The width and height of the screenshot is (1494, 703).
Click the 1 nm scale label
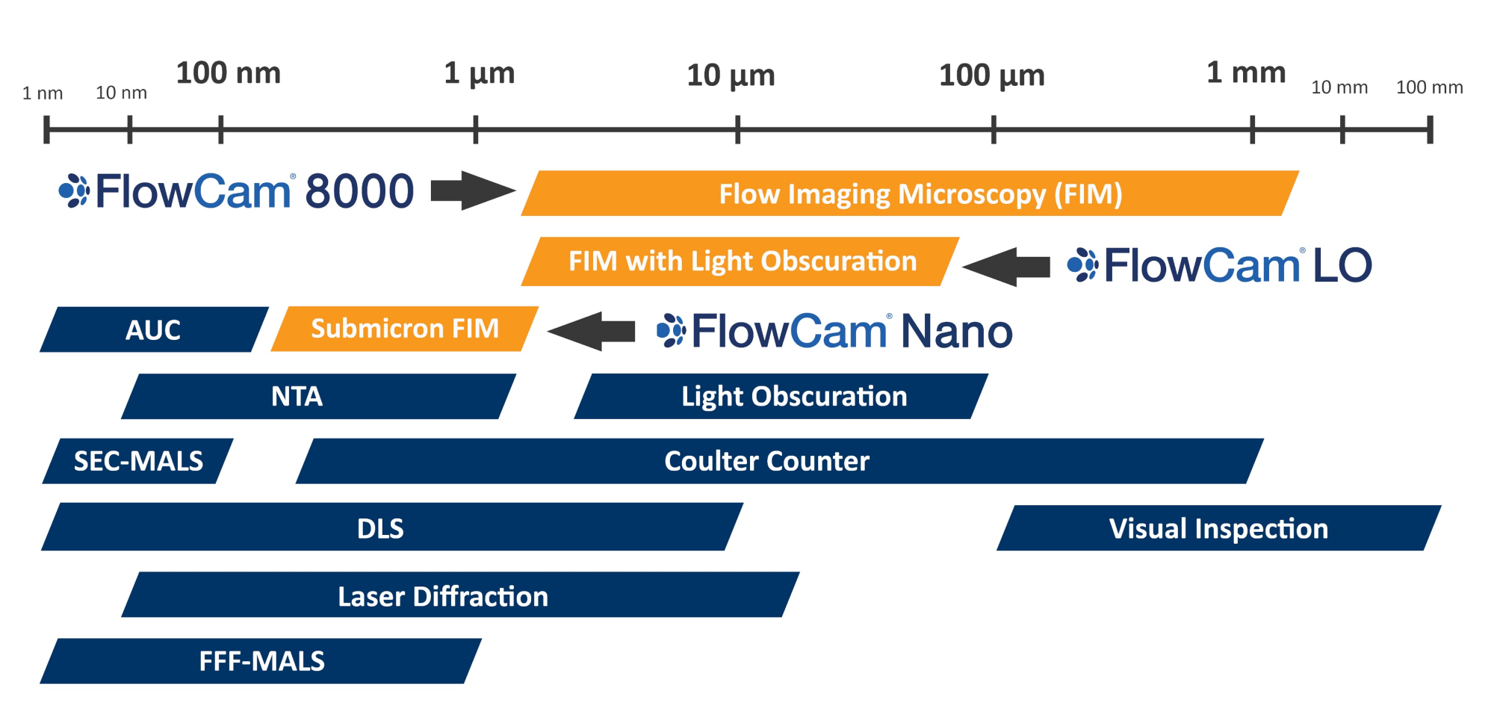click(43, 93)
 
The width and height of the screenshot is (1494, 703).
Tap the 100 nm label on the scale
click(228, 73)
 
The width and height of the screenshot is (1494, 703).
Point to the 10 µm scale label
click(731, 75)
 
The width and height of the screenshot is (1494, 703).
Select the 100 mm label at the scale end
click(1429, 87)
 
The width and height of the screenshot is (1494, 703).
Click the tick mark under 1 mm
click(1253, 129)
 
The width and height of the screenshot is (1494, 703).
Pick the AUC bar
click(153, 329)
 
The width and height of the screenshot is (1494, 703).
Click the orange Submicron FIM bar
click(404, 329)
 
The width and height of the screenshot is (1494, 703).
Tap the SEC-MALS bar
click(138, 461)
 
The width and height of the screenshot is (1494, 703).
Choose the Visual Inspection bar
click(1218, 528)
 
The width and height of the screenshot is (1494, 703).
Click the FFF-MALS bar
click(261, 661)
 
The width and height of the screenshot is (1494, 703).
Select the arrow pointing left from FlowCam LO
click(1006, 266)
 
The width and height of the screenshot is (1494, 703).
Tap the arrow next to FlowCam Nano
click(591, 331)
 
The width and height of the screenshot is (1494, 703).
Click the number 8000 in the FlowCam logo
click(359, 191)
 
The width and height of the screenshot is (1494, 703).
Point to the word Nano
click(957, 331)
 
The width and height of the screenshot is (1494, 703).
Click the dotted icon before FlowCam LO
click(1082, 265)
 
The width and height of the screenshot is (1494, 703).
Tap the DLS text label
click(380, 528)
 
